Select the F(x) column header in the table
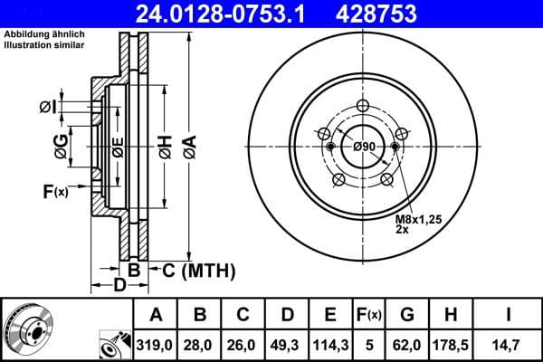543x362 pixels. [369, 314]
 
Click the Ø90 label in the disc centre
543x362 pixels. [364, 147]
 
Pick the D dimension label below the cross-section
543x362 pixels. [119, 286]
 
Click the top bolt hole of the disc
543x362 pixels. [364, 105]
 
